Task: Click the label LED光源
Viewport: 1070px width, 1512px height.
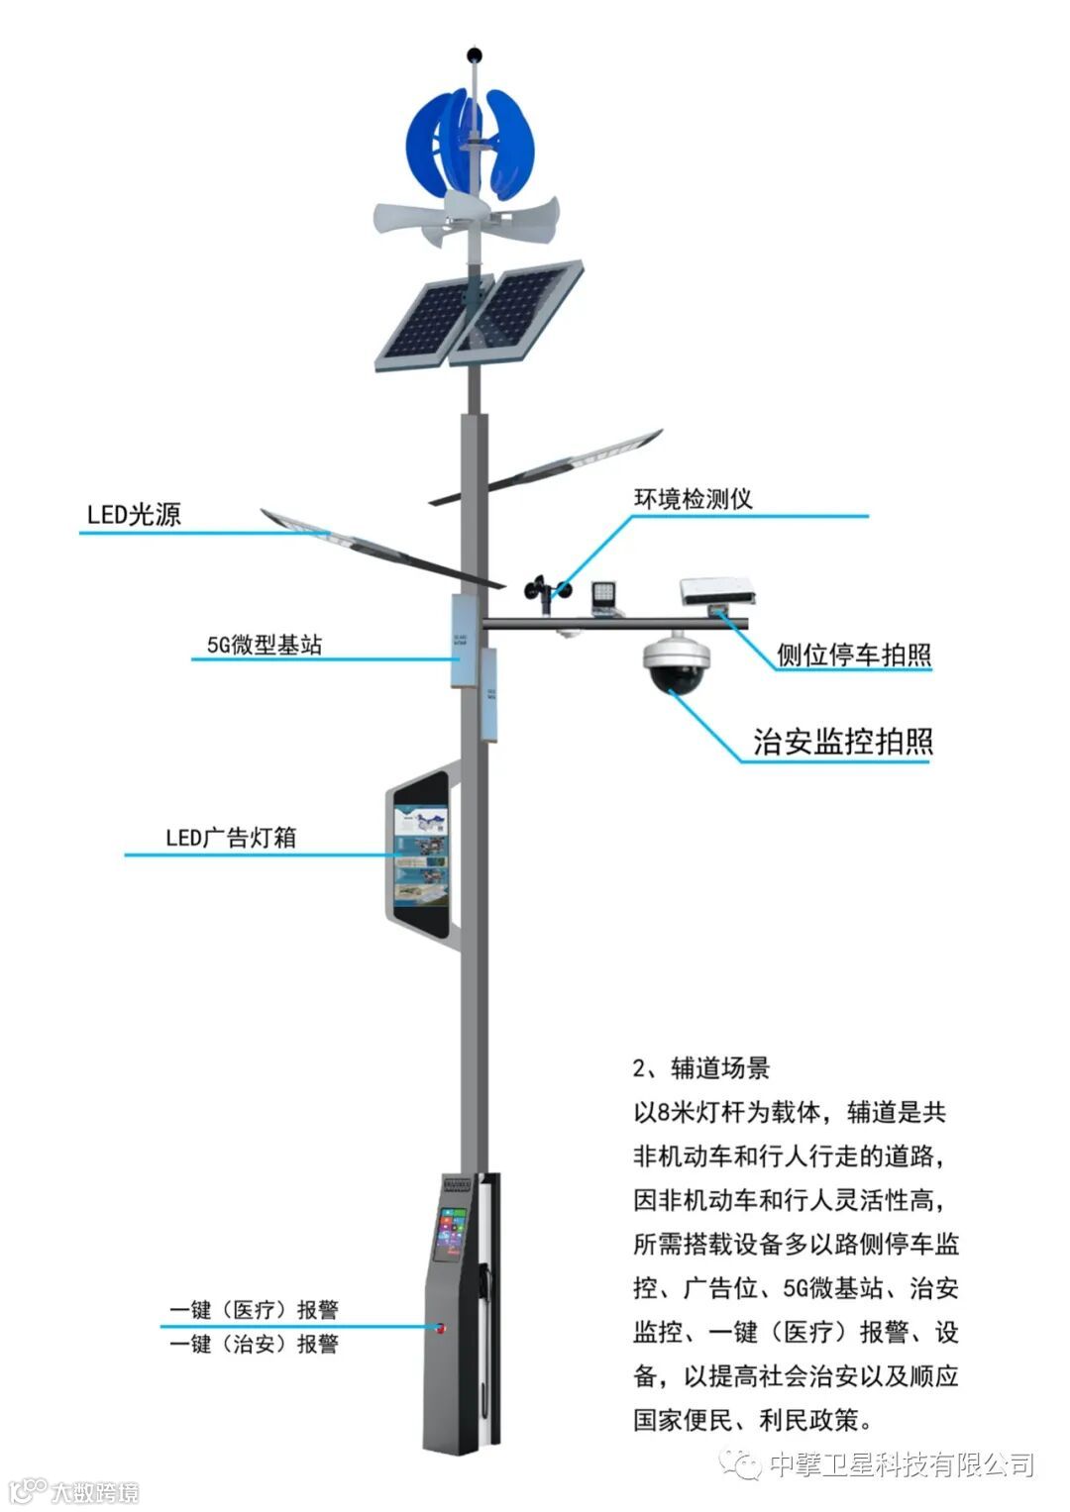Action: coord(134,515)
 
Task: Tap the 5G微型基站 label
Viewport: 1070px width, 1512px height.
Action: coord(265,645)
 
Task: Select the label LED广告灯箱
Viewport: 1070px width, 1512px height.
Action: coord(231,838)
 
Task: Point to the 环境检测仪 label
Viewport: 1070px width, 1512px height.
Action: coord(693,498)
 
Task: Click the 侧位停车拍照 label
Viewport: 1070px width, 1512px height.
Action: coord(853,655)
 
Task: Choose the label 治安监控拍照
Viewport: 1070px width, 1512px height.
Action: coord(842,742)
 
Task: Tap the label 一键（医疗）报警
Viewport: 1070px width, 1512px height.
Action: coord(254,1310)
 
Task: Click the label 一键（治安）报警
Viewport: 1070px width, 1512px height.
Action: coord(254,1344)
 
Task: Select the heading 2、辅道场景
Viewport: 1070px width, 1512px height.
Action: coord(700,1068)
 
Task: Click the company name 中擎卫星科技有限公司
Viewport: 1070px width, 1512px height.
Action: coord(901,1463)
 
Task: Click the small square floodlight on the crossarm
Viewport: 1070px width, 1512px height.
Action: coord(603,594)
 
